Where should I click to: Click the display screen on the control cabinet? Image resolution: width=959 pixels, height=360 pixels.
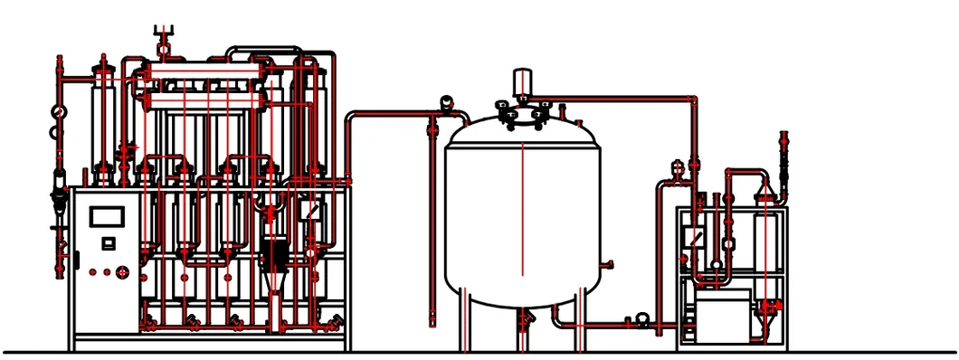[107, 218]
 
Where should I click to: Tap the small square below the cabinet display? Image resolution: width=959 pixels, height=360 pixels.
[108, 242]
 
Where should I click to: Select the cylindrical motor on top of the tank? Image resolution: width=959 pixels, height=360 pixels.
[522, 82]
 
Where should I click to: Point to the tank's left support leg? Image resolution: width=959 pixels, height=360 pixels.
[463, 321]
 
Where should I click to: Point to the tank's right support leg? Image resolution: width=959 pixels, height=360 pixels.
[580, 321]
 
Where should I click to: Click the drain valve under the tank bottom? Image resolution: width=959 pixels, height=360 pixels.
[524, 320]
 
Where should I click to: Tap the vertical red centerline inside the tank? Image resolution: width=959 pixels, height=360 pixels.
[522, 208]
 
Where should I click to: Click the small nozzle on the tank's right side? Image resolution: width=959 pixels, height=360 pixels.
[609, 264]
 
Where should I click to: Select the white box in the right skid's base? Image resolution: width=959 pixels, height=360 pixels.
[721, 317]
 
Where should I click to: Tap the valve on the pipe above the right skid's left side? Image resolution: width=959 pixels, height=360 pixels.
[677, 166]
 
